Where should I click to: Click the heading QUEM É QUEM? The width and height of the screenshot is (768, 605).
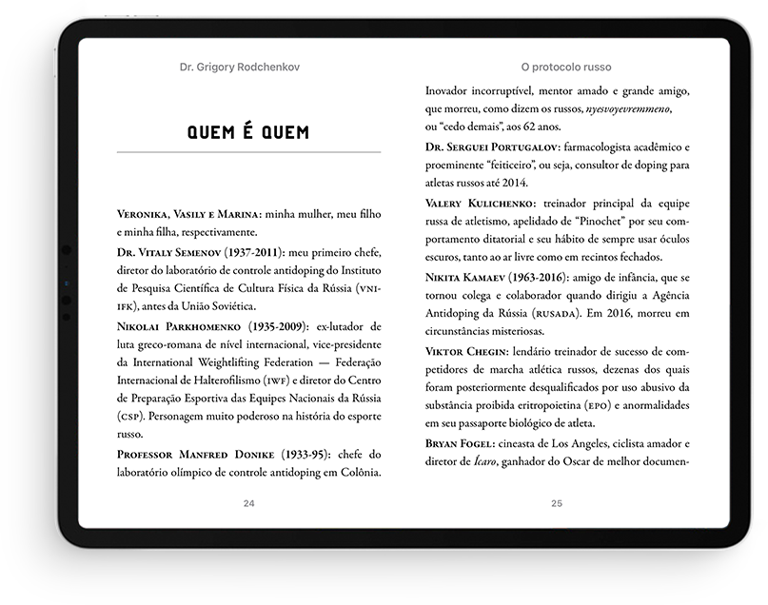[247, 131]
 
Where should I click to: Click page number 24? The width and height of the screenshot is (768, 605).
[248, 503]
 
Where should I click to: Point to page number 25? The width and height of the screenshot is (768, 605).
[557, 503]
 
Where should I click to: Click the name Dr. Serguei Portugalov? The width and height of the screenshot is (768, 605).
[491, 147]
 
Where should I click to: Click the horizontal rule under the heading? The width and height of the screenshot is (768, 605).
[247, 152]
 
